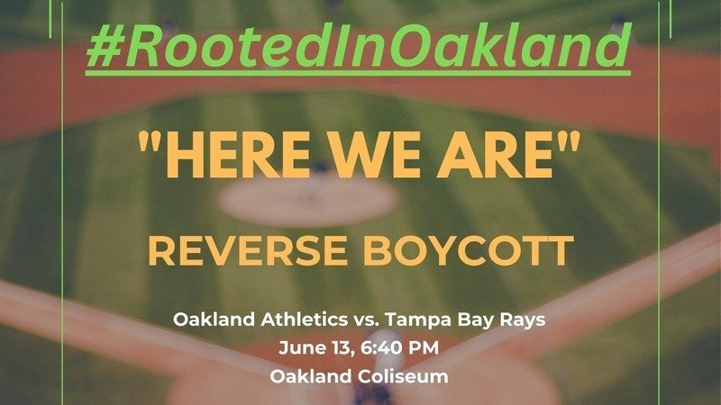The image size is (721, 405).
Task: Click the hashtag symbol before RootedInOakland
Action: point(105,47)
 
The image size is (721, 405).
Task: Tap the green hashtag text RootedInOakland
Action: point(358,46)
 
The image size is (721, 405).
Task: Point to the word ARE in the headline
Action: point(495,155)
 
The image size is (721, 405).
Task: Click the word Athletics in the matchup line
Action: point(304,319)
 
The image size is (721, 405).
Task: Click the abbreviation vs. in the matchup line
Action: point(366,320)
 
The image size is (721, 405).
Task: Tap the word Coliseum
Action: point(403,376)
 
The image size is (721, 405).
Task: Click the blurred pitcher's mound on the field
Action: point(308,202)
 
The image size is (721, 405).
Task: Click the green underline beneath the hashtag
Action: point(358,73)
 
